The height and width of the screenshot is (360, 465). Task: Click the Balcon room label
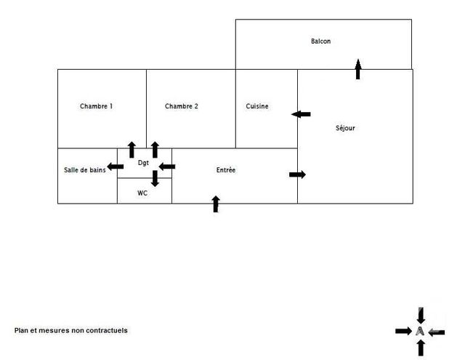click(320, 41)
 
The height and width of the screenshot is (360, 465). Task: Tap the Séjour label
click(345, 128)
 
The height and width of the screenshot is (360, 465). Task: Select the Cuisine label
click(257, 106)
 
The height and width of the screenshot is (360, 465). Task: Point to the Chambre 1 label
click(96, 106)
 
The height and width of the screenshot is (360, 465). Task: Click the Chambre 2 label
click(181, 106)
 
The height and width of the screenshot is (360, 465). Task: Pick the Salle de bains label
click(85, 169)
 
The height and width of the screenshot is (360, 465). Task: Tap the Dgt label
click(143, 163)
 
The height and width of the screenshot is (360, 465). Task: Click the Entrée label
click(226, 169)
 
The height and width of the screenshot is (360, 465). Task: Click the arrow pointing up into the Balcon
click(357, 70)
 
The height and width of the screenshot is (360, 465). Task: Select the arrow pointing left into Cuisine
click(301, 114)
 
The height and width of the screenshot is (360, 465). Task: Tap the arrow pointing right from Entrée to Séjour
click(297, 175)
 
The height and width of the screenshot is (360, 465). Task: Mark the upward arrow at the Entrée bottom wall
click(215, 204)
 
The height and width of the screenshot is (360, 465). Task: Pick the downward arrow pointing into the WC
click(155, 178)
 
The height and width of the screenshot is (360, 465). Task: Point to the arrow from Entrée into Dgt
click(167, 167)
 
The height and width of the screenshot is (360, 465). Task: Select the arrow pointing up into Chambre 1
click(132, 150)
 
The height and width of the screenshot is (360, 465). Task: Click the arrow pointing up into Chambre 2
click(155, 150)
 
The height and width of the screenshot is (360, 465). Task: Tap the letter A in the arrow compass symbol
click(420, 331)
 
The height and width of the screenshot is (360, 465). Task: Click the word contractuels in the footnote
click(106, 330)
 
